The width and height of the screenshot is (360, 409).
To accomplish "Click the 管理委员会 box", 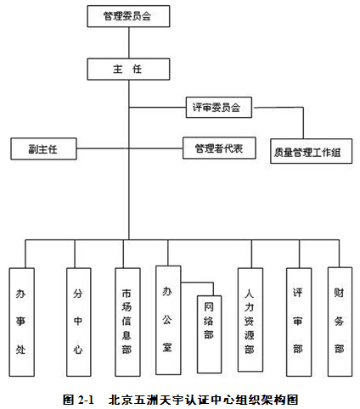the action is [x=128, y=16].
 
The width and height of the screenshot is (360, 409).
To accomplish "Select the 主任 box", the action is [x=128, y=69].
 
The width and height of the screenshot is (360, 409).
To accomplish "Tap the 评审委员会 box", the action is [x=219, y=108].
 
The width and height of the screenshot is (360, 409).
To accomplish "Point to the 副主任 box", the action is [x=43, y=148].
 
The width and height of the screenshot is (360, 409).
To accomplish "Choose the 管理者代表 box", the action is [x=219, y=148].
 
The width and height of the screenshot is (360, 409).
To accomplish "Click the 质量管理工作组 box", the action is [x=312, y=151].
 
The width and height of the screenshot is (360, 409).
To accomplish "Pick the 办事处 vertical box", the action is [x=22, y=322].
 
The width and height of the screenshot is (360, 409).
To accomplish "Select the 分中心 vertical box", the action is [x=79, y=322].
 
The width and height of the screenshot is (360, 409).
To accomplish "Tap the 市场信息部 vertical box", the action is [x=127, y=322].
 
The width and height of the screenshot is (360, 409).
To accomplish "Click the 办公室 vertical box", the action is [x=168, y=320].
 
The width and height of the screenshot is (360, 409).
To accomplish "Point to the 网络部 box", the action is [x=209, y=334].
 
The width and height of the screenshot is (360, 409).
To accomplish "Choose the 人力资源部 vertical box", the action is [x=250, y=320].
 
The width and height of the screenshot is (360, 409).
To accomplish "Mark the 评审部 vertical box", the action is [x=299, y=322].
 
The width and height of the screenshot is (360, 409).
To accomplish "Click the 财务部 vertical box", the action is [x=340, y=322].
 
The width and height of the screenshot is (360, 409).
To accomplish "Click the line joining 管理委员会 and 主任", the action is [x=129, y=42].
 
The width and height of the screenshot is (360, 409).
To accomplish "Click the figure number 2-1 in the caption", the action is [x=85, y=400].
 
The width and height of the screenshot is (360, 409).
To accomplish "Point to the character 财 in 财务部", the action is [x=339, y=293].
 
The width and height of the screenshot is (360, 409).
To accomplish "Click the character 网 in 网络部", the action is [x=209, y=306].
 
